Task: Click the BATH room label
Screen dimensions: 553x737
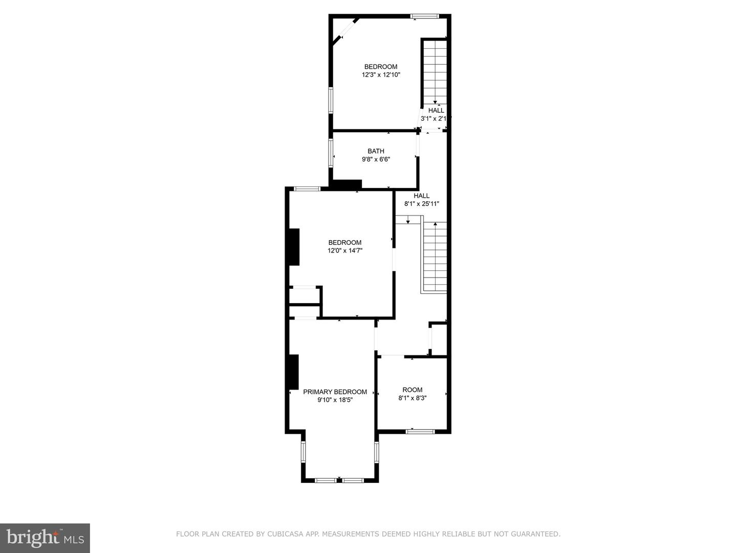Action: point(376,151)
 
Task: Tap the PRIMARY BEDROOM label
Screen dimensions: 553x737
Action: point(335,392)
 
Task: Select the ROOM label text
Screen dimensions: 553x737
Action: point(413,390)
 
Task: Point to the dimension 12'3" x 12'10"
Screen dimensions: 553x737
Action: point(381,75)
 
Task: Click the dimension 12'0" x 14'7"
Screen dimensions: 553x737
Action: point(345,250)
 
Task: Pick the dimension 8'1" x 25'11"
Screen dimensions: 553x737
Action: point(422,204)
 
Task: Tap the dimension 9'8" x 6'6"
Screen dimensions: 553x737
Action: point(376,159)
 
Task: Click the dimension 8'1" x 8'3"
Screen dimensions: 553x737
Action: point(413,398)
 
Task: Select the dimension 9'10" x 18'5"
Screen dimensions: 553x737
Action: point(335,400)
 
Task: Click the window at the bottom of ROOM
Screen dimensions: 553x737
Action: point(420,432)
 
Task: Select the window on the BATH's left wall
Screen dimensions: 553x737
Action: point(331,152)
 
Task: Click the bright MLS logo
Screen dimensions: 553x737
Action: point(45,538)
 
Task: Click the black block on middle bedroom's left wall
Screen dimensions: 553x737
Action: point(294,247)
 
